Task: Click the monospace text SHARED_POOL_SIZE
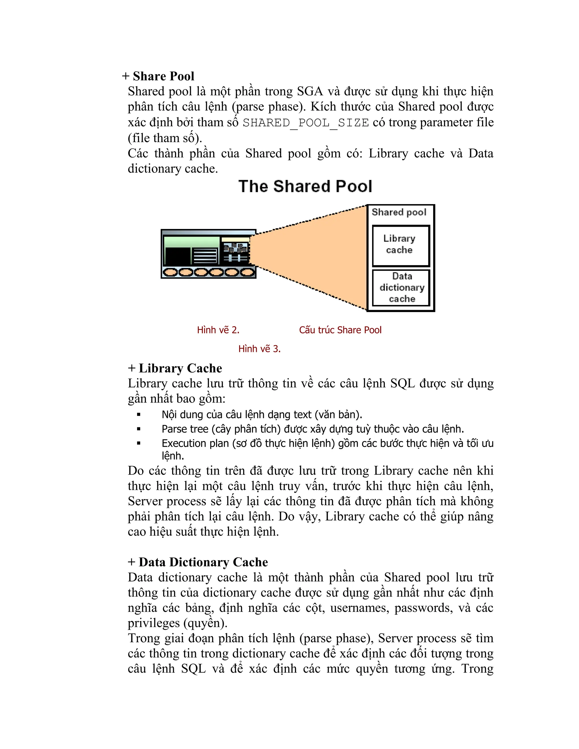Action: coord(306,123)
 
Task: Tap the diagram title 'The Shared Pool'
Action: coord(305,187)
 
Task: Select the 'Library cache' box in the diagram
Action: coord(400,246)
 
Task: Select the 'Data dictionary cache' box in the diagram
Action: coord(401,287)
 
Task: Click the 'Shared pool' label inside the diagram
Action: coord(399,212)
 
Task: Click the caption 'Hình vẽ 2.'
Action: coord(218,330)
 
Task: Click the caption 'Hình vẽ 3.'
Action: coord(259,349)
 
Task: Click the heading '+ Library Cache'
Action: coord(175,368)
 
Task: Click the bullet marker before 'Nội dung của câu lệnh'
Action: coord(139,415)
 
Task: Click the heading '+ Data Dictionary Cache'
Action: coord(198,562)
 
